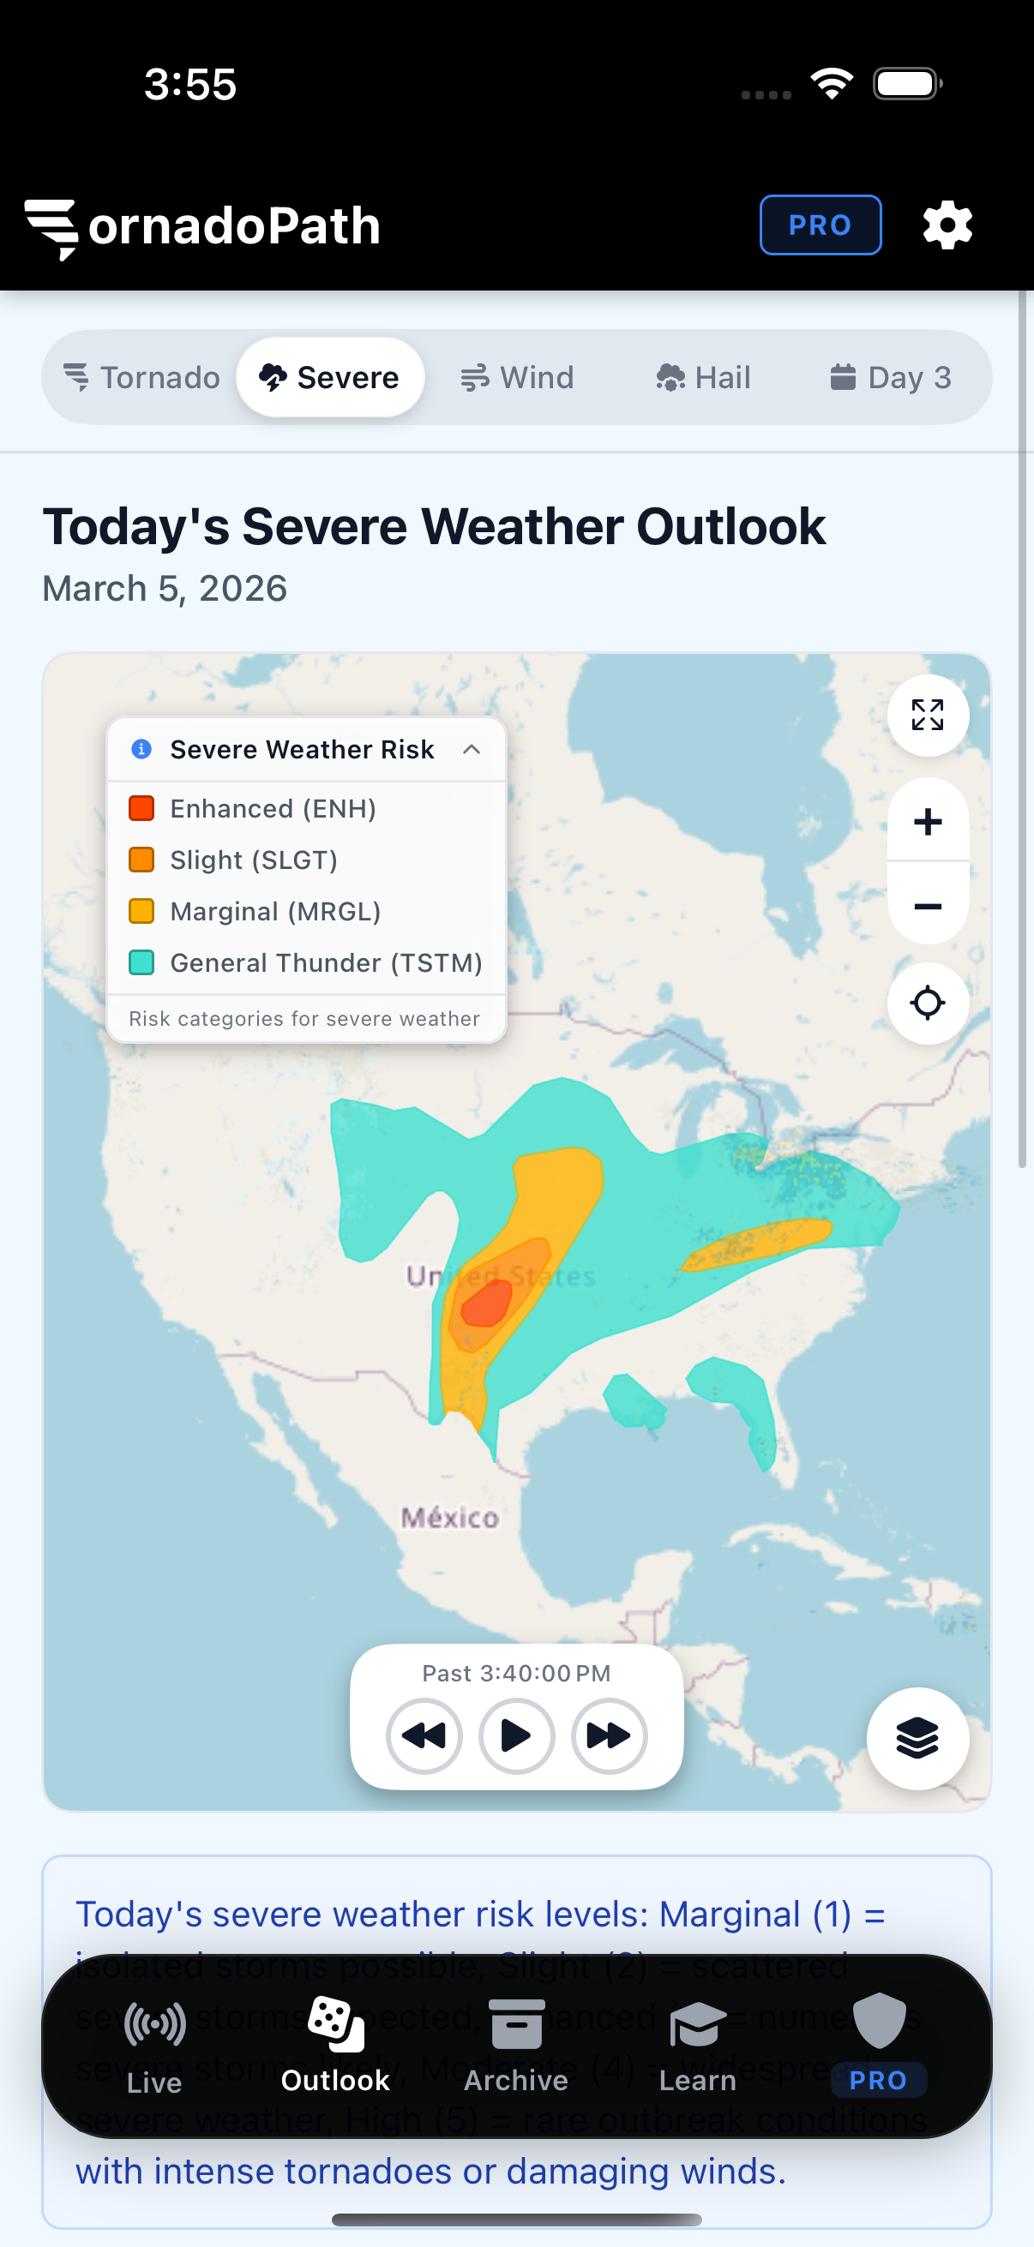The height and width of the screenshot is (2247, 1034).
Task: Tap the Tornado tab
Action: tap(141, 378)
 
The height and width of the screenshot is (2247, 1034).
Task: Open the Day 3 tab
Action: tap(889, 378)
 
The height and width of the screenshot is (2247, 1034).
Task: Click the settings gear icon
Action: tap(947, 226)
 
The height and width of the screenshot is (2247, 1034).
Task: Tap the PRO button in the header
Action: tap(820, 225)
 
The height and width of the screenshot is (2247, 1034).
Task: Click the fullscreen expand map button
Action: tap(927, 716)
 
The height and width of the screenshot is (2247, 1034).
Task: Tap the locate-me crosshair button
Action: tap(927, 1004)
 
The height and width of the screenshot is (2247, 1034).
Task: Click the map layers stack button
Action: tap(917, 1738)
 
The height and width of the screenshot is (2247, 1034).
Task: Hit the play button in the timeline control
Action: tap(515, 1736)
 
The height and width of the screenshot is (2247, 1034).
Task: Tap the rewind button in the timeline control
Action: tap(424, 1736)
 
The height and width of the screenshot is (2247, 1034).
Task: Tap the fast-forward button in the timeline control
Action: tap(608, 1736)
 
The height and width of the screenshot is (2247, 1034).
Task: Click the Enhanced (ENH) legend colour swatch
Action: tap(141, 809)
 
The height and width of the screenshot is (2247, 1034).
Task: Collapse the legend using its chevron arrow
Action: tap(472, 749)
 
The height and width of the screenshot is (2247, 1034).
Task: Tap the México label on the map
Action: tap(449, 1518)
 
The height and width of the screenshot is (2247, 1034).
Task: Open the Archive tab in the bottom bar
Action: tap(515, 2046)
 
